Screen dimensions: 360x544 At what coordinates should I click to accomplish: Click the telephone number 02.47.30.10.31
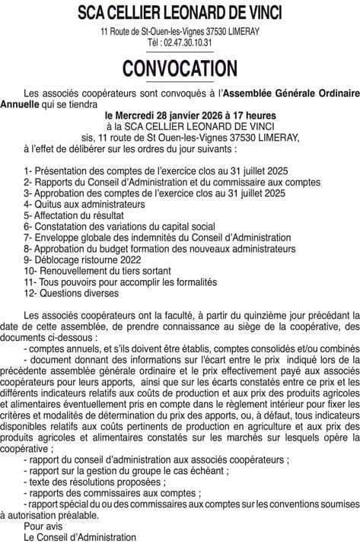click(192, 43)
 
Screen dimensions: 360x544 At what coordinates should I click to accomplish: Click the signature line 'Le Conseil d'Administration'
click(77, 536)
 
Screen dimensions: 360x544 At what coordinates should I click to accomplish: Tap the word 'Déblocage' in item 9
click(59, 259)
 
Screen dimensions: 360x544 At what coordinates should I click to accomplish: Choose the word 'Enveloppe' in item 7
click(56, 237)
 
